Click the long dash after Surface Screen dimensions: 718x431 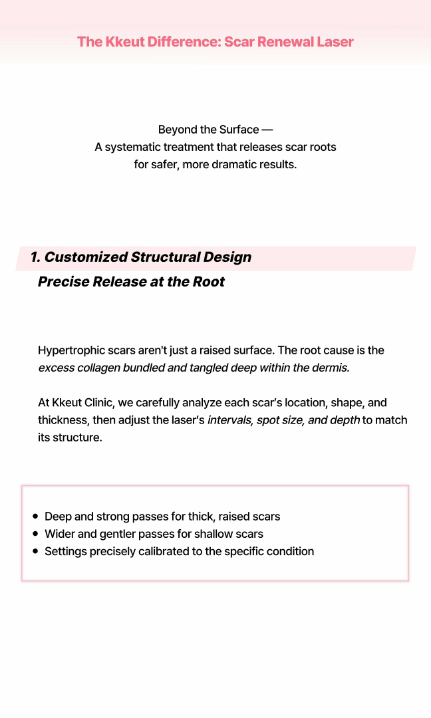pos(267,130)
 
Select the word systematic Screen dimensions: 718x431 pos(142,147)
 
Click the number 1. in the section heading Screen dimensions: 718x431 pos(35,257)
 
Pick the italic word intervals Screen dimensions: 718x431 pos(228,420)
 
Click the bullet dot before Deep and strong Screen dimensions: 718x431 pos(35,517)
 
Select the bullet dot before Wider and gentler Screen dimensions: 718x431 pos(35,534)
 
